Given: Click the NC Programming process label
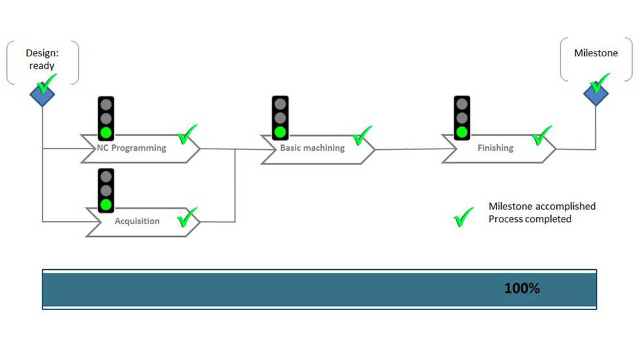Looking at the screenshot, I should click(132, 148).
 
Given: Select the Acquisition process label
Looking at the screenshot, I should click(137, 221).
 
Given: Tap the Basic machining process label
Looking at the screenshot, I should click(312, 148).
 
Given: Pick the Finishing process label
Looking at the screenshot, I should click(495, 148).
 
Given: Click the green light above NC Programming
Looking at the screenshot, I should click(106, 132).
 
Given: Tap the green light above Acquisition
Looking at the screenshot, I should click(106, 205).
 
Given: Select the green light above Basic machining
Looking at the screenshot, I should click(280, 132).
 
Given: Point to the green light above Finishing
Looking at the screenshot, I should click(462, 132).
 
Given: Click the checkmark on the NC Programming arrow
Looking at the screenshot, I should click(187, 135).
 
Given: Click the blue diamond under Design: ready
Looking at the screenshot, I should click(42, 94).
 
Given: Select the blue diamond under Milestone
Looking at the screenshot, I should click(596, 94).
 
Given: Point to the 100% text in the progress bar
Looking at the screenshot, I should click(521, 289).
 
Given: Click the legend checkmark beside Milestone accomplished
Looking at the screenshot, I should click(463, 217).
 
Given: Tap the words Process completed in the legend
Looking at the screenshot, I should click(529, 219).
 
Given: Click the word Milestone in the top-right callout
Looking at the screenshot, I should click(596, 53).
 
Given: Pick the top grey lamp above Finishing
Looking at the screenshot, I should click(462, 104).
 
